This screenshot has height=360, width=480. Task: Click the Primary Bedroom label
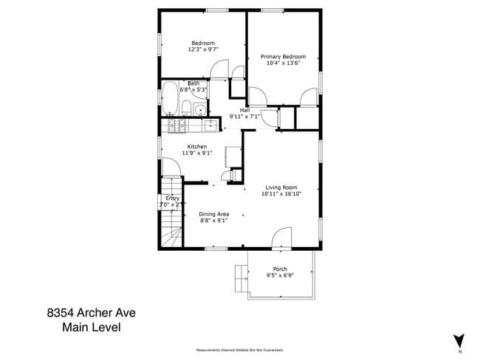(x=284, y=56)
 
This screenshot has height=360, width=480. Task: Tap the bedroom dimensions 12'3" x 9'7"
(x=203, y=49)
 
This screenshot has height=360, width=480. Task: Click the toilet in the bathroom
(x=187, y=110)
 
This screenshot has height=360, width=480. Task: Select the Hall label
(x=244, y=110)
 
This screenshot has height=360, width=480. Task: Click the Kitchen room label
(x=196, y=147)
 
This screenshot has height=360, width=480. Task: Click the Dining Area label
(x=214, y=214)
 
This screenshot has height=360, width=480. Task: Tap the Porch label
(x=280, y=269)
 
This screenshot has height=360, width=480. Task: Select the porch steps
(x=241, y=277)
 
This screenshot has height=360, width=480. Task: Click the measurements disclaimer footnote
(x=239, y=350)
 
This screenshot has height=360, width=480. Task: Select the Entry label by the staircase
(x=172, y=198)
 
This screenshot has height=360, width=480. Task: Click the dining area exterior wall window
(x=215, y=249)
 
